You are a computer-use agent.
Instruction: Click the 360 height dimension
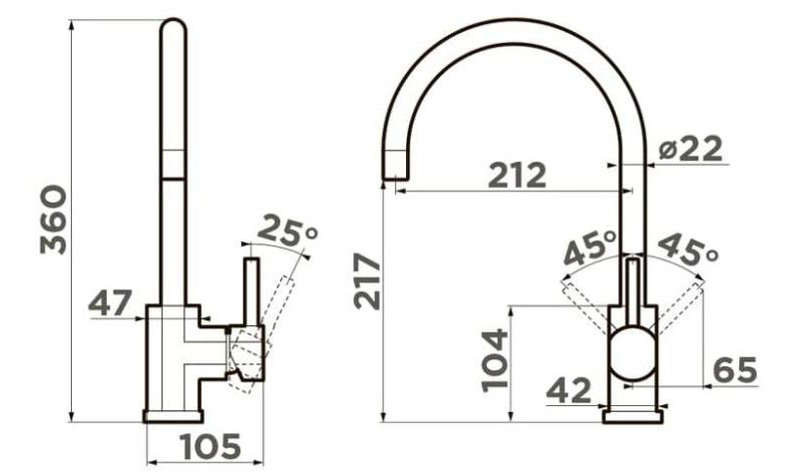click(x=53, y=220)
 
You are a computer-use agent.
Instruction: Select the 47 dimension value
click(x=110, y=303)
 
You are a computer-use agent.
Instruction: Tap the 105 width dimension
click(x=210, y=446)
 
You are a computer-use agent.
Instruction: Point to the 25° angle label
click(x=287, y=232)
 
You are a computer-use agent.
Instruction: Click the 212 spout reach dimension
click(x=517, y=175)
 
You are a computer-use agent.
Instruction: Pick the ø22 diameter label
click(x=690, y=149)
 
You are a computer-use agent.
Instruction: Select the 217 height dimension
click(x=367, y=281)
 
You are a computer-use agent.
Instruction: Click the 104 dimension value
click(x=495, y=359)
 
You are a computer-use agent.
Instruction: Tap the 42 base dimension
click(x=569, y=390)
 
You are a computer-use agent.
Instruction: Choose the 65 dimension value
click(x=735, y=369)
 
